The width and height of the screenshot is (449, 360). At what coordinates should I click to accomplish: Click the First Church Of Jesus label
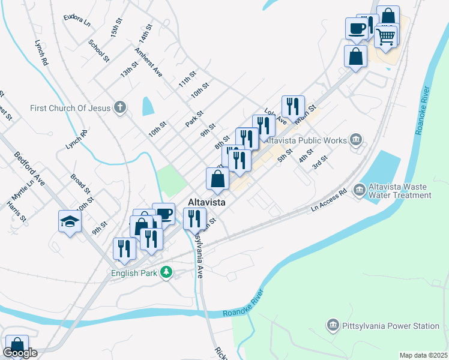point(71,108)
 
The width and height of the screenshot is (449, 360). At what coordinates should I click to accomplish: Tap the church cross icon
point(120,108)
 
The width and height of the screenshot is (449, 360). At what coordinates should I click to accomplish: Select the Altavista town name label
point(206,203)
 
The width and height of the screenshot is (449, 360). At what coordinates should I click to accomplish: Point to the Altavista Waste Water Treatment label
point(401,191)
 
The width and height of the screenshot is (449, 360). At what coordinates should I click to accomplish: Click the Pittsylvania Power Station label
point(390,326)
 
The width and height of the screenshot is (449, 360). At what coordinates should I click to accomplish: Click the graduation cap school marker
point(70,221)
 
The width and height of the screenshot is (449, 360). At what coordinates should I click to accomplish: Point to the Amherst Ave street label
point(149,62)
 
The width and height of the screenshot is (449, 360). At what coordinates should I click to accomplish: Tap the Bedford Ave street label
point(30,169)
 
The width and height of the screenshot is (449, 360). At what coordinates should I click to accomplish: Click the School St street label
point(98,51)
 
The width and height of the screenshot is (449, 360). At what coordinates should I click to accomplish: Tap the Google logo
point(20,353)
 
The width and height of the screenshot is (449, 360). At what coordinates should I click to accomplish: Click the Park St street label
point(194,118)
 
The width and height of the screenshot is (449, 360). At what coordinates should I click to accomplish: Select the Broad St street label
point(80,184)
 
